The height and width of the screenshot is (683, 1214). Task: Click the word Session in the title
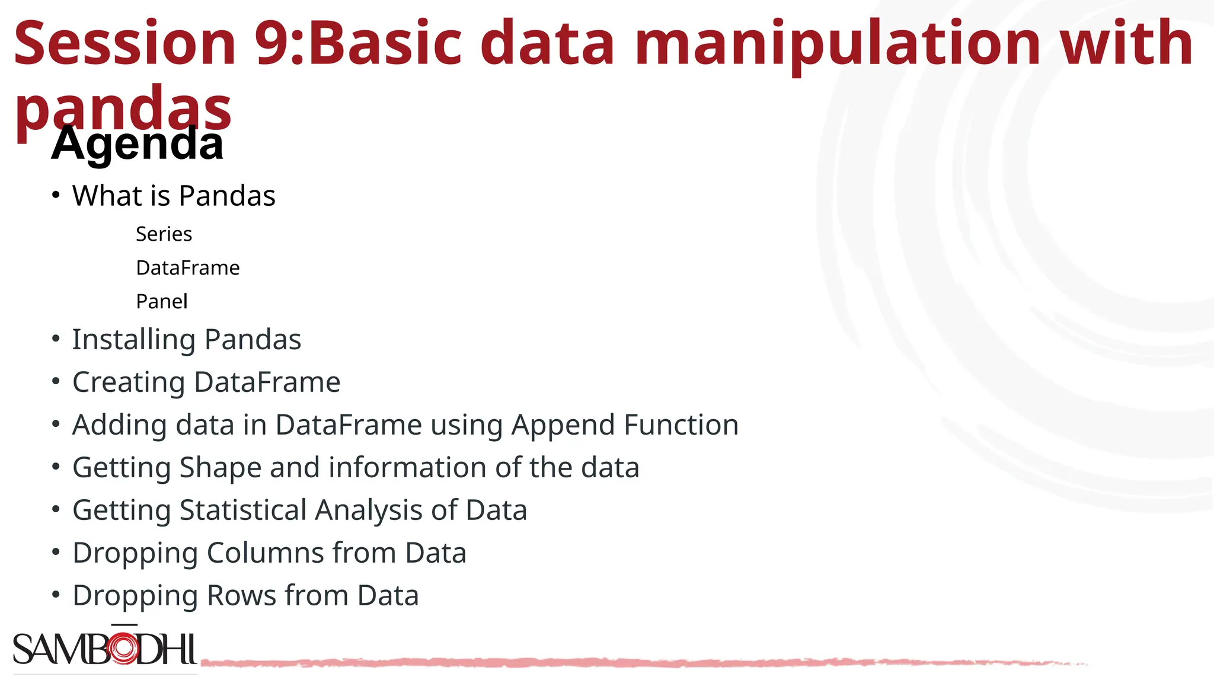125,43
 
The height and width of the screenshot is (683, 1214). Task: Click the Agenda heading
137,144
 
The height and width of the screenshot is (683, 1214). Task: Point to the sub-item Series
164,234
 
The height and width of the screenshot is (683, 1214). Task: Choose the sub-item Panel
161,302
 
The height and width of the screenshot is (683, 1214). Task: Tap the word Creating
128,382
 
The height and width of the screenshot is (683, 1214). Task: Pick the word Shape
221,468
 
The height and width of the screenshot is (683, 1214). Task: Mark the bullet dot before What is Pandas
56,195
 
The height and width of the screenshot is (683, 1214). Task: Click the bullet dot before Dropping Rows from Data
56,595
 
